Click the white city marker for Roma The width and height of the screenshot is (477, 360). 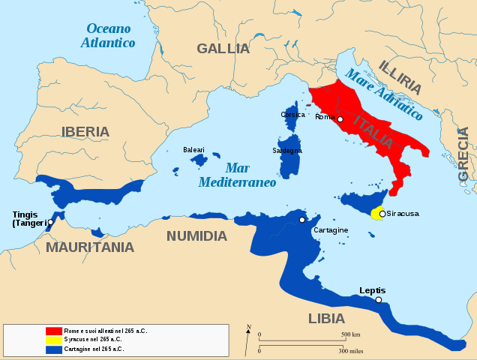pyautogui.click(x=340, y=119)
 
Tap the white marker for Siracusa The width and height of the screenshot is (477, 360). pyautogui.click(x=382, y=214)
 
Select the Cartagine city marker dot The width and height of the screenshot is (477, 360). pyautogui.click(x=301, y=220)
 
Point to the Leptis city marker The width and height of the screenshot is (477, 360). pyautogui.click(x=379, y=300)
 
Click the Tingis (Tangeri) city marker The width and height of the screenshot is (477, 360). pyautogui.click(x=50, y=222)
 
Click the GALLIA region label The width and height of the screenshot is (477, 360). pyautogui.click(x=223, y=49)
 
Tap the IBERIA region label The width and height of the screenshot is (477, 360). pyautogui.click(x=85, y=132)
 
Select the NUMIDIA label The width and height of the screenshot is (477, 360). pyautogui.click(x=196, y=236)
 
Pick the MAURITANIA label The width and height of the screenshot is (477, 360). pyautogui.click(x=90, y=247)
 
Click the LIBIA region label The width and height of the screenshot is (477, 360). pyautogui.click(x=326, y=319)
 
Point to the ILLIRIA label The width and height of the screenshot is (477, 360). pyautogui.click(x=404, y=77)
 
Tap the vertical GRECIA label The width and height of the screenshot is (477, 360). pyautogui.click(x=463, y=154)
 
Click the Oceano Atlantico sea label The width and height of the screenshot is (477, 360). pyautogui.click(x=109, y=36)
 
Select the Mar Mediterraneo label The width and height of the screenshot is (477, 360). pyautogui.click(x=237, y=175)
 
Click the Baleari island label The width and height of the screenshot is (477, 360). pyautogui.click(x=193, y=150)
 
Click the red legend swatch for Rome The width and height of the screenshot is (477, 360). pyautogui.click(x=53, y=331)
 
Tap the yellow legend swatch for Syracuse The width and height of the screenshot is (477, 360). pyautogui.click(x=53, y=340)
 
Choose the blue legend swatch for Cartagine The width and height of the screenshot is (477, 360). pyautogui.click(x=53, y=349)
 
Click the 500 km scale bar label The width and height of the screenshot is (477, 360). pyautogui.click(x=351, y=334)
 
